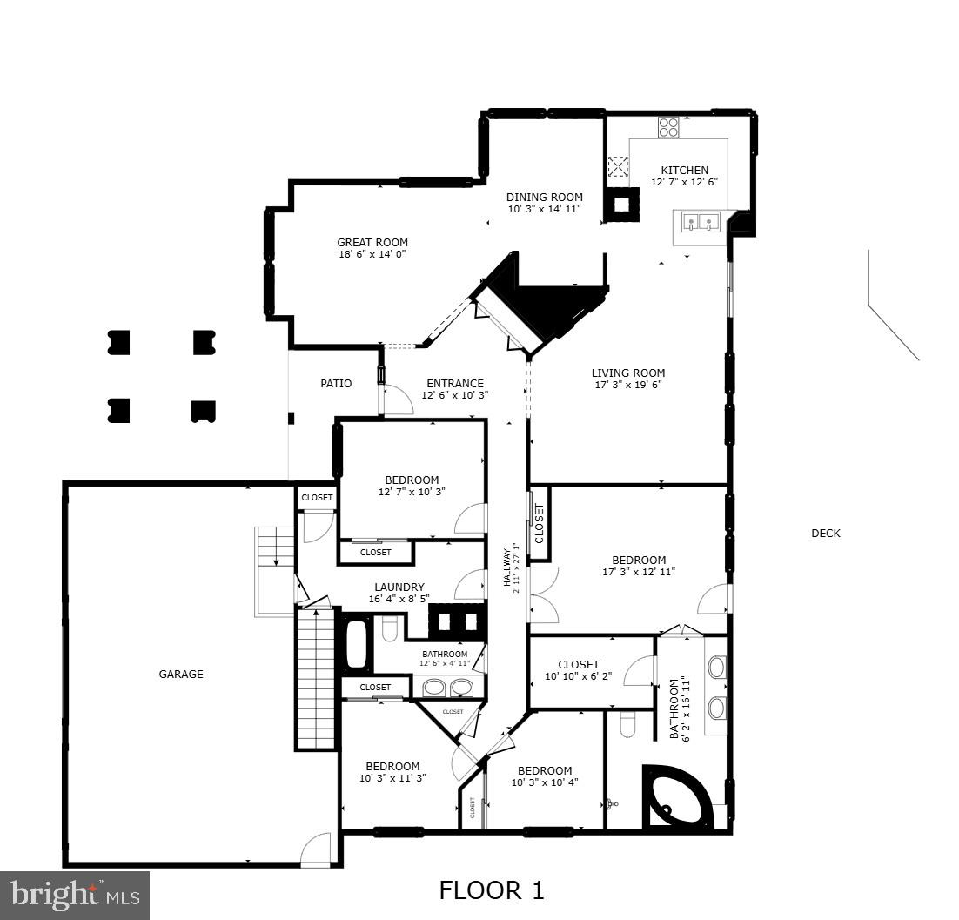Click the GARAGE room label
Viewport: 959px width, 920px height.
click(181, 674)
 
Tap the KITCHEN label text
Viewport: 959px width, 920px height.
click(684, 171)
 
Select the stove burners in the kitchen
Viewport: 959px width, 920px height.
click(668, 128)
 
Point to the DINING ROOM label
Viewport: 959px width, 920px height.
click(545, 198)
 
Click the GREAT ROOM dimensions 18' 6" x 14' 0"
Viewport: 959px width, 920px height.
click(372, 254)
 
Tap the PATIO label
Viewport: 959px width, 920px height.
click(336, 383)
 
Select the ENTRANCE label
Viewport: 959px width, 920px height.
click(454, 383)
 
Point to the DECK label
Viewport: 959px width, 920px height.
click(825, 534)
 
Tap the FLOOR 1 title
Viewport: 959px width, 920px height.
click(491, 890)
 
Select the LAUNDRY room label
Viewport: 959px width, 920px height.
click(399, 587)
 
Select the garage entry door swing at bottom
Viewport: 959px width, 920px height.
click(316, 851)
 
